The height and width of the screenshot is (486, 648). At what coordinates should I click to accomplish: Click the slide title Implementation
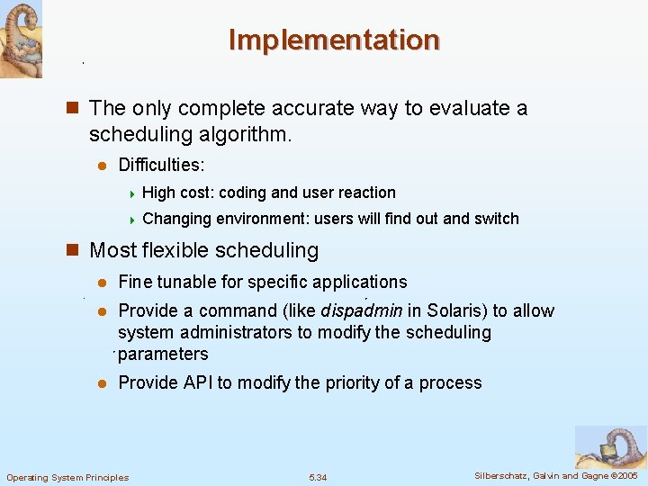(334, 40)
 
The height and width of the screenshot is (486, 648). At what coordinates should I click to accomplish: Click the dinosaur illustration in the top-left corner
(21, 39)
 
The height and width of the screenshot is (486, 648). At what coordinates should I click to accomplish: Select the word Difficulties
(161, 166)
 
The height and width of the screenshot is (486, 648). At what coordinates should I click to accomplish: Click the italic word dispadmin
(362, 311)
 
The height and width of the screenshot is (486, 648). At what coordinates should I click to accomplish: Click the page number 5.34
(318, 477)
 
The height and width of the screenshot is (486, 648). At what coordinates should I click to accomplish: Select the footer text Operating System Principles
(67, 477)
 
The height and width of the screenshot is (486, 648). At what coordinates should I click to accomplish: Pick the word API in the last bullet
(198, 383)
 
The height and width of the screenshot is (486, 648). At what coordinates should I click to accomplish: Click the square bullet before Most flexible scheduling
(76, 250)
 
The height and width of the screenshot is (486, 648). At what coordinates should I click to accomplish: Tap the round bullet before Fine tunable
(102, 283)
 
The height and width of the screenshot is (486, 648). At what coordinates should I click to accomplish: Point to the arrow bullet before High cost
(131, 193)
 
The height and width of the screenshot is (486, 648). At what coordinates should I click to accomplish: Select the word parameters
(163, 355)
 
